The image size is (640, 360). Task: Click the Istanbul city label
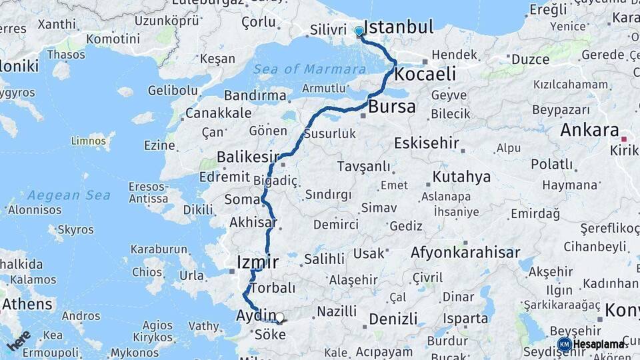click(399, 28)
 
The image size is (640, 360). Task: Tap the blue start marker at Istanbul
click(359, 31)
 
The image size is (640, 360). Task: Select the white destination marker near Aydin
click(280, 319)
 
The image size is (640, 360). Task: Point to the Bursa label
click(392, 107)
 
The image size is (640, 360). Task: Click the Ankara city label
click(589, 130)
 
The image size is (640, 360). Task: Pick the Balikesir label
click(247, 157)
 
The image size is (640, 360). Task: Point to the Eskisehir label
click(427, 143)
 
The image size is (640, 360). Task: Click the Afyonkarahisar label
click(465, 253)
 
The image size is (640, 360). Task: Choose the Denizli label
click(393, 319)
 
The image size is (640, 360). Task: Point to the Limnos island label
click(89, 141)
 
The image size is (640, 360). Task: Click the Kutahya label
click(461, 177)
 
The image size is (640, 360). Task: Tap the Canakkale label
click(218, 113)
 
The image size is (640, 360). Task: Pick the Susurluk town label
click(329, 133)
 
